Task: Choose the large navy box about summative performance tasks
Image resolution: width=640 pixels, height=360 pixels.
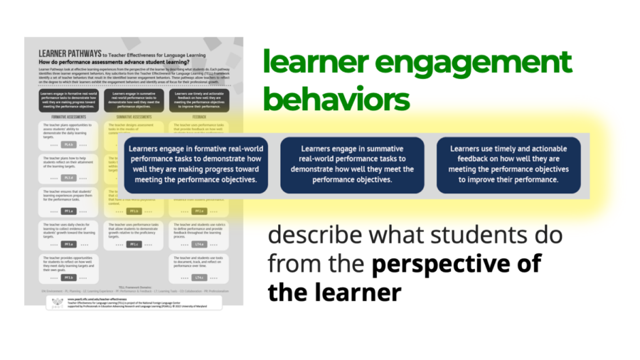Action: [352, 164]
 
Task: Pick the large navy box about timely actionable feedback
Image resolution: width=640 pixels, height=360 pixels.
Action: [508, 164]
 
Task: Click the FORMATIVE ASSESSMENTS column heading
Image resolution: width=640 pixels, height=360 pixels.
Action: [68, 116]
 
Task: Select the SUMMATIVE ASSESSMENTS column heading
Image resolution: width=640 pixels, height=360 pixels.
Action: [134, 116]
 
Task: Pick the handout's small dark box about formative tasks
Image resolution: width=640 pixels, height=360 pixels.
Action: [68, 100]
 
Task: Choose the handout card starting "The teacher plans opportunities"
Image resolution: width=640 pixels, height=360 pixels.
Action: [68, 134]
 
